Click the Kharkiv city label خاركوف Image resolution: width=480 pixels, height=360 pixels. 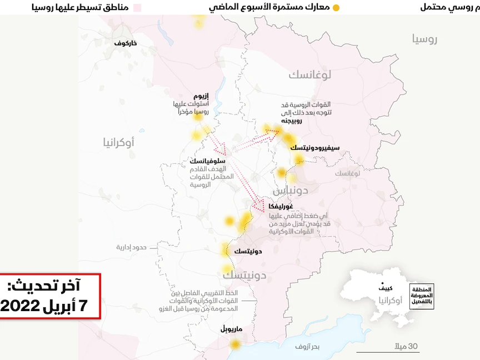(x=126, y=43)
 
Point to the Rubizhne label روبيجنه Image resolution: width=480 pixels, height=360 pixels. (x=291, y=121)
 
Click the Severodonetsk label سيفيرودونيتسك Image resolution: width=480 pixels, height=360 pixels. (x=315, y=147)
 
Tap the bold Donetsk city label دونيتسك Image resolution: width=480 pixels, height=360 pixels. (x=248, y=251)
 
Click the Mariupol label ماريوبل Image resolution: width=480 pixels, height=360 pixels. (x=232, y=328)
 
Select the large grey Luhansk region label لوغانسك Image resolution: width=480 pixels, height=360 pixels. (x=310, y=74)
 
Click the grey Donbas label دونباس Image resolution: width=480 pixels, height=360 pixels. (x=289, y=191)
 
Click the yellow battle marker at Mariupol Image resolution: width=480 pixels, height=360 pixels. (x=236, y=344)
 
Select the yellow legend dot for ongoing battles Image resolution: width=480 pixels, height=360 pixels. (x=335, y=8)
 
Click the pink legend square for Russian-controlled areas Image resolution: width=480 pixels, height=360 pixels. (x=137, y=8)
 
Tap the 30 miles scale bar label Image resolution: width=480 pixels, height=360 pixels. (x=406, y=347)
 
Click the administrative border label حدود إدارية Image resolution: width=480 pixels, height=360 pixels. (x=131, y=247)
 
